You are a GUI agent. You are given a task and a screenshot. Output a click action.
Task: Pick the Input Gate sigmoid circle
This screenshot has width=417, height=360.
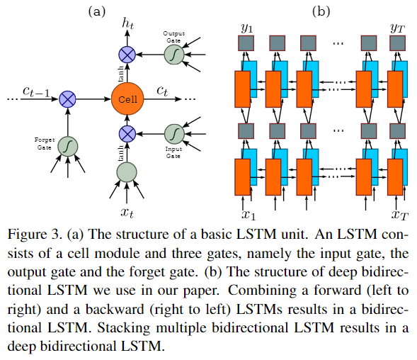pos(174,133)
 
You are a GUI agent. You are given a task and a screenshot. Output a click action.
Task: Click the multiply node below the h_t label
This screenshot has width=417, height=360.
pos(127,54)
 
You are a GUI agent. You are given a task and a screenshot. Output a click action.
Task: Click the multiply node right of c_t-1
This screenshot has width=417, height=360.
pos(67,99)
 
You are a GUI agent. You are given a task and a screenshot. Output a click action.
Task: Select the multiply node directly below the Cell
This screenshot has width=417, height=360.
pos(127,133)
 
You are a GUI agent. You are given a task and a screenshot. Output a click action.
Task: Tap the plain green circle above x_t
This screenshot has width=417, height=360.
pos(127,171)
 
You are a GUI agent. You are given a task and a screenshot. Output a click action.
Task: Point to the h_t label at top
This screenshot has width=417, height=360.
pos(127,25)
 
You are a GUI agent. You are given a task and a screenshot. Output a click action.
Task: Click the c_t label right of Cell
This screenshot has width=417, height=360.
pos(162,91)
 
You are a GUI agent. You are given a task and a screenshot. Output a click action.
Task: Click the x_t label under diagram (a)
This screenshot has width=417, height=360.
pos(127,211)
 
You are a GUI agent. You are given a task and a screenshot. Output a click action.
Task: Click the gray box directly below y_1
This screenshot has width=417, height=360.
pos(245,43)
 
